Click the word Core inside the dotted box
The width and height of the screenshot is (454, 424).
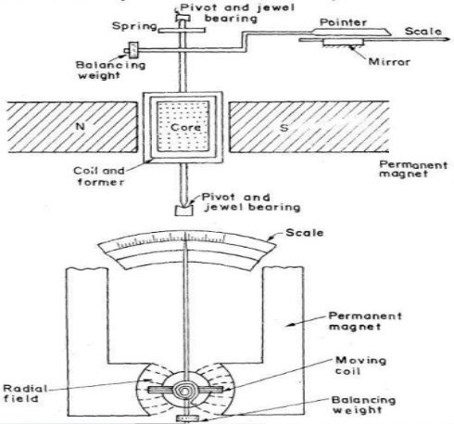[185, 127]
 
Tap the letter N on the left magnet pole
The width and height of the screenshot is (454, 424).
[81, 126]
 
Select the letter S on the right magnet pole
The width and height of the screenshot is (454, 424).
[284, 127]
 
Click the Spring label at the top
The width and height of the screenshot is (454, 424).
[134, 26]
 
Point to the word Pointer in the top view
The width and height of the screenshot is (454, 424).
[343, 22]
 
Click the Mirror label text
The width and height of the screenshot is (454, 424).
[389, 61]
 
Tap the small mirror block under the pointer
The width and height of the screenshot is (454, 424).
[343, 43]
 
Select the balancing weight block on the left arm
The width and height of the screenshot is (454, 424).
[133, 50]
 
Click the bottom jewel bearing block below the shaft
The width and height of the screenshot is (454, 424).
[183, 211]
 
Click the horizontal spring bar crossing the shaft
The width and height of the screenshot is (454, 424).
[182, 31]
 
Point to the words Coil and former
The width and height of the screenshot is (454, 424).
[99, 176]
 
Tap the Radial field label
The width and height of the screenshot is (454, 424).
[25, 393]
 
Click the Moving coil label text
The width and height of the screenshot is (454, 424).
[360, 366]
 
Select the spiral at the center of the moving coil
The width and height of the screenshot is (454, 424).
[184, 392]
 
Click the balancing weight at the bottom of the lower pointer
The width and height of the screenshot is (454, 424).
[187, 418]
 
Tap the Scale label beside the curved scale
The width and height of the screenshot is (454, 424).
[305, 233]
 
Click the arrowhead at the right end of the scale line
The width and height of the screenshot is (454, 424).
[447, 39]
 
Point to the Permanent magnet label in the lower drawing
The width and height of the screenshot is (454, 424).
[365, 321]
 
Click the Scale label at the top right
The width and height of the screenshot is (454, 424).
[423, 32]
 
